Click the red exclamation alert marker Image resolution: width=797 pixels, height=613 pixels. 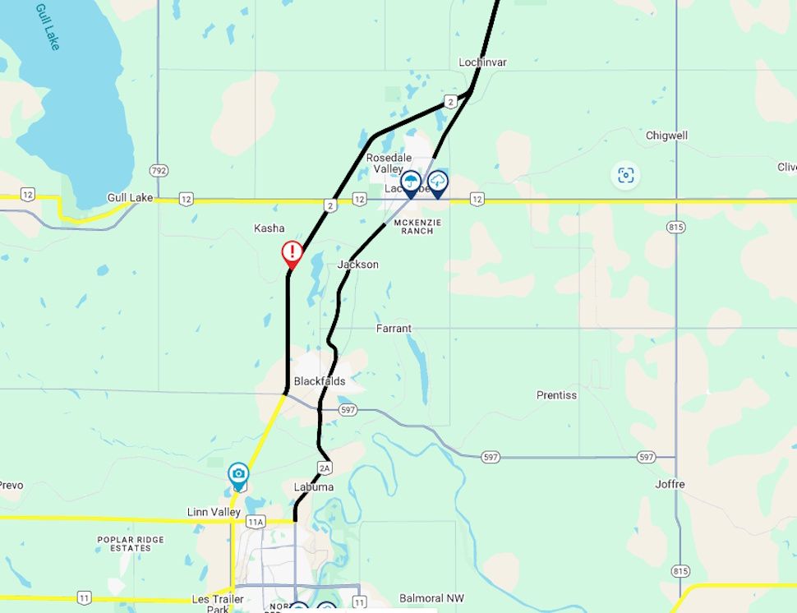coord(292,252)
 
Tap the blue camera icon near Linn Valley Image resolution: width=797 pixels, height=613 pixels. coord(238,473)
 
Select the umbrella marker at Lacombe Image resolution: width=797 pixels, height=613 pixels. coord(411,182)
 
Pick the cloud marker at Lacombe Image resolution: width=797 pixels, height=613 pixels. coord(438,181)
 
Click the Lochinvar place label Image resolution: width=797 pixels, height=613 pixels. coord(482,62)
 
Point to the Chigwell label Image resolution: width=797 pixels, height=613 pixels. coord(666,136)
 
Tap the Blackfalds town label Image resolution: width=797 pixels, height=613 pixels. coord(320,381)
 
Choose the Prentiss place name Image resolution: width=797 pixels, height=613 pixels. coord(556,395)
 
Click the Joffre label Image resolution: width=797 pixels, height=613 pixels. coord(670,484)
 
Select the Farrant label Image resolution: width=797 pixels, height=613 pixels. coord(394,329)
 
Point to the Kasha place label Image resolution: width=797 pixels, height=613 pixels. coord(270,228)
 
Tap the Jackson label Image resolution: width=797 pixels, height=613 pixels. coord(358,265)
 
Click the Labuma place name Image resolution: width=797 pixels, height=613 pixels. coord(314,487)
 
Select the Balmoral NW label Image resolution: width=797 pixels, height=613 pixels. coord(432,598)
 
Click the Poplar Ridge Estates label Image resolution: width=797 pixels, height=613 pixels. coord(131,543)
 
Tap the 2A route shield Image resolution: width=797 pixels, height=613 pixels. coord(325,468)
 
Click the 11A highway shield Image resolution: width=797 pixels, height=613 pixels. coord(256,521)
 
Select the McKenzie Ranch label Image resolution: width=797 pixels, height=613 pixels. coord(417,226)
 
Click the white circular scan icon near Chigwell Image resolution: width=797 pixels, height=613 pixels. coord(626,175)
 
